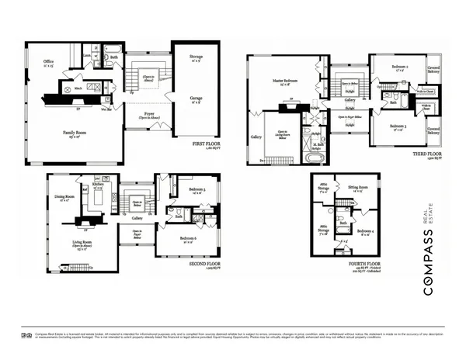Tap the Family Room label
(75, 133)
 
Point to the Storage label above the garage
(197, 57)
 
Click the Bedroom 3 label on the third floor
(398, 126)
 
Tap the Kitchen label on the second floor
(98, 185)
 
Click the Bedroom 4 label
(365, 231)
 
